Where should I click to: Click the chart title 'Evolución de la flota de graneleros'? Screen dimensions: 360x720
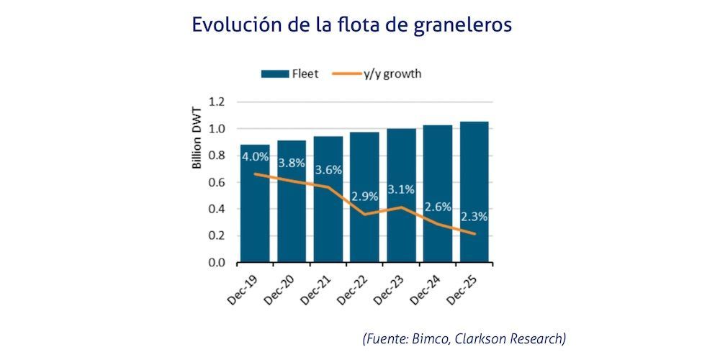pos(351,24)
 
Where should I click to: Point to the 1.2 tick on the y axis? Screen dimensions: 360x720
pos(217,102)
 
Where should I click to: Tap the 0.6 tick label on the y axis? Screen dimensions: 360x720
pos(217,182)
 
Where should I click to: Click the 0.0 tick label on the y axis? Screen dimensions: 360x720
pos(217,263)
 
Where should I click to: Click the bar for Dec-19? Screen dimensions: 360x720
pos(255,209)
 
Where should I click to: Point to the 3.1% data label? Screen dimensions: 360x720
pos(401,190)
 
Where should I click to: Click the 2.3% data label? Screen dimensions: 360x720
pos(474,215)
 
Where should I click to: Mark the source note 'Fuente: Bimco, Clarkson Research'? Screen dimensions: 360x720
pos(464,338)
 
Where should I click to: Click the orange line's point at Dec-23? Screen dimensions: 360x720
pos(401,207)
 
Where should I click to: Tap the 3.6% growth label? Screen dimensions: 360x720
pos(328,170)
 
